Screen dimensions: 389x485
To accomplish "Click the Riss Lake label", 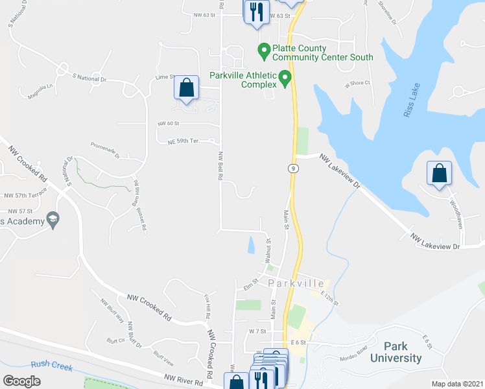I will (412, 100).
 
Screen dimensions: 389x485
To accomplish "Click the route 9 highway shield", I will (294, 169).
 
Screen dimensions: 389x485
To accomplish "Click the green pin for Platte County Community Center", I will (264, 49).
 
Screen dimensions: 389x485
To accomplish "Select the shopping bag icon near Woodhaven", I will (439, 174).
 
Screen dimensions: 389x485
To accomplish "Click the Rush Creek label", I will (49, 364).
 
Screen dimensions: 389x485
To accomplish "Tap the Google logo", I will (21, 381).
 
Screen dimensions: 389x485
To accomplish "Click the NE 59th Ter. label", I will (191, 141).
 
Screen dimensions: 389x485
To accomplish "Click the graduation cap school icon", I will (53, 220).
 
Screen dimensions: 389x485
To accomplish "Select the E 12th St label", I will (330, 298).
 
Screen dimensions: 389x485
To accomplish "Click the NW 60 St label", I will (168, 123).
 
